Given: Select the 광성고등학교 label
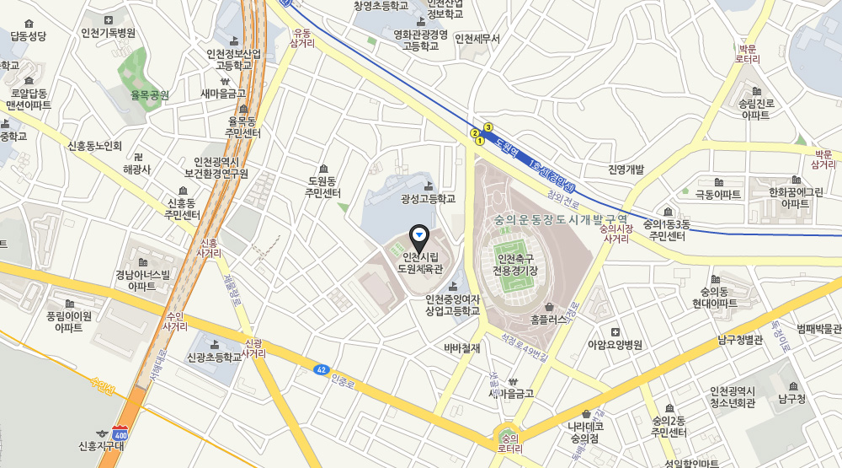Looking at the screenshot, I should point(428,199).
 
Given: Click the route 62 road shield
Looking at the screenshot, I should point(321,369).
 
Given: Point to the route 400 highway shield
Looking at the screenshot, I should point(122,432).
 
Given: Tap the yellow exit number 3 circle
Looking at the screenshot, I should point(488,127).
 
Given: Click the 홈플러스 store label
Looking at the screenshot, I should point(549,320).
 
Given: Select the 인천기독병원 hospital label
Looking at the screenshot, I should point(108,33).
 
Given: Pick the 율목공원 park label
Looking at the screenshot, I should point(150,95).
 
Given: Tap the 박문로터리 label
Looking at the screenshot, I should point(748,55).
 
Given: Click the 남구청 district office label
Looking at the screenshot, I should point(792,398).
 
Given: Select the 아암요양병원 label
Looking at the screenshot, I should point(615,344).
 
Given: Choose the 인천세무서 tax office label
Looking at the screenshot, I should point(477,39).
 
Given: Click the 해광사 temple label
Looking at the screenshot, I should point(136,169).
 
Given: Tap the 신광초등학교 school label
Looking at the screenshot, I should point(214,357).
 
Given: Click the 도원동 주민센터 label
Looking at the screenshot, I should point(323,187).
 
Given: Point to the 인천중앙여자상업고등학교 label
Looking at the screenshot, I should point(452,304).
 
